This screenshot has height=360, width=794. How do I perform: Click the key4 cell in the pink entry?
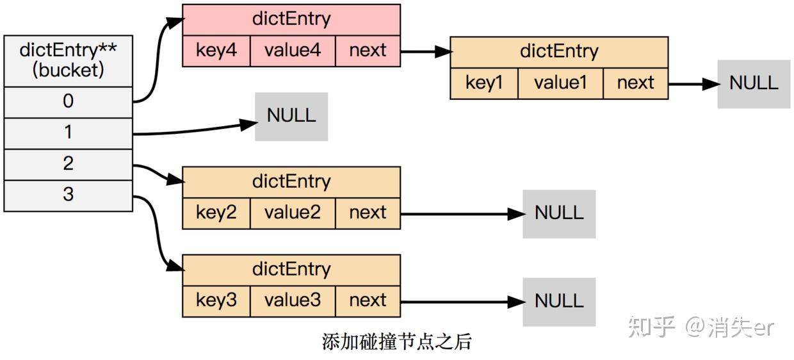pyautogui.click(x=216, y=51)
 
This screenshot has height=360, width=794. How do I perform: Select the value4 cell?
pyautogui.click(x=292, y=51)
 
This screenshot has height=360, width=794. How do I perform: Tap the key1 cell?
pyautogui.click(x=483, y=83)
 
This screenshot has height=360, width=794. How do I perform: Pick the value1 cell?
pyautogui.click(x=560, y=83)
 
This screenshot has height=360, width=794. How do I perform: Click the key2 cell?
pyautogui.click(x=216, y=213)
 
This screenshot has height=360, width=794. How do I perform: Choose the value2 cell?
pyautogui.click(x=292, y=213)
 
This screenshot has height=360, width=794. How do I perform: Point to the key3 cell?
pyautogui.click(x=216, y=300)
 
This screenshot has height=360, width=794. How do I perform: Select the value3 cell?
pyautogui.click(x=292, y=300)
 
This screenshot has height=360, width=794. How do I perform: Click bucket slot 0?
pyautogui.click(x=68, y=102)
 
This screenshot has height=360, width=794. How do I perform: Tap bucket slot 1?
pyautogui.click(x=68, y=133)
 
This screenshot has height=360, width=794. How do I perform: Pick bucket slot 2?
pyautogui.click(x=68, y=165)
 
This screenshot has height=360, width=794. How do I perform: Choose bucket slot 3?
pyautogui.click(x=68, y=195)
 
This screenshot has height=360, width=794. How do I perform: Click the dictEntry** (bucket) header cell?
pyautogui.click(x=68, y=61)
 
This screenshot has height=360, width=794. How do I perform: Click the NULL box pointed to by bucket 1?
pyautogui.click(x=291, y=116)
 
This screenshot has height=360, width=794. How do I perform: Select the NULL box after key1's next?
pyautogui.click(x=754, y=84)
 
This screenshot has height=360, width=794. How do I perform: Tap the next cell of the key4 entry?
pyautogui.click(x=368, y=51)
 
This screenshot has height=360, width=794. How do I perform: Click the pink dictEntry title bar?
pyautogui.click(x=291, y=19)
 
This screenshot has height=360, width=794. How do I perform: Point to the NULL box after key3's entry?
pyautogui.click(x=559, y=302)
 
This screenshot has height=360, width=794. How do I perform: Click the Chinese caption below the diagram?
pyautogui.click(x=396, y=341)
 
